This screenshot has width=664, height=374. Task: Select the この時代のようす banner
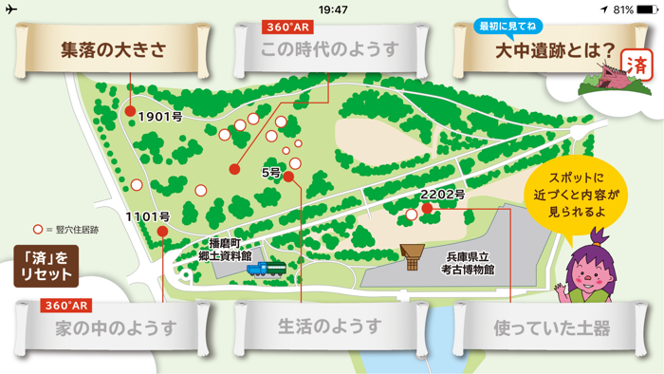[329, 50]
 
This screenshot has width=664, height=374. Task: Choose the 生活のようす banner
[329, 327]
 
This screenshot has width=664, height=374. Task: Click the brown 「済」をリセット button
[44, 265]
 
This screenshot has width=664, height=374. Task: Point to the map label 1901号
[159, 117]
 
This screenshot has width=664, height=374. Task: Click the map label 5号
[271, 173]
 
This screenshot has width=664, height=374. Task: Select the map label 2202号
[442, 195]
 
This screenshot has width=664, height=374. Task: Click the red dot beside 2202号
[427, 209]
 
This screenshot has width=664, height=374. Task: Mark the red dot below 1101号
[162, 231]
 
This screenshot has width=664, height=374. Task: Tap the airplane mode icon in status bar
[11, 9]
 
